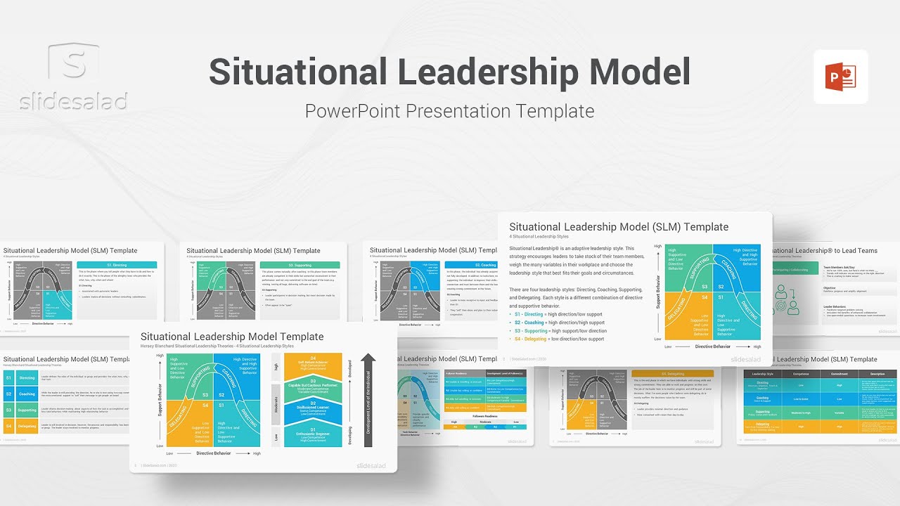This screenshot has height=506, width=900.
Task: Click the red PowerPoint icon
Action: point(840,77)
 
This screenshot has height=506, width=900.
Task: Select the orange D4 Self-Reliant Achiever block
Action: point(313,365)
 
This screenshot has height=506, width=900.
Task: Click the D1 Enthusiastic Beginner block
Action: point(313,434)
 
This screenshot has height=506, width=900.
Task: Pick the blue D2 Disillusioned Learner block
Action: point(313,411)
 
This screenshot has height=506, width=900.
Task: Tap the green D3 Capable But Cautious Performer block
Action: point(313,388)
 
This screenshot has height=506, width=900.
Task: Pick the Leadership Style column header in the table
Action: point(763,374)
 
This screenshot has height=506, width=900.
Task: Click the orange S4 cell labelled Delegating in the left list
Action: point(19,426)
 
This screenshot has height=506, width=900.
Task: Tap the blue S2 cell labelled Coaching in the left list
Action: point(19,394)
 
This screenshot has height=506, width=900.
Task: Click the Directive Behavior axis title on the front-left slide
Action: point(213,453)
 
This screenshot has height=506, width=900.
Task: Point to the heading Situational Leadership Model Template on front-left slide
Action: point(232,337)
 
